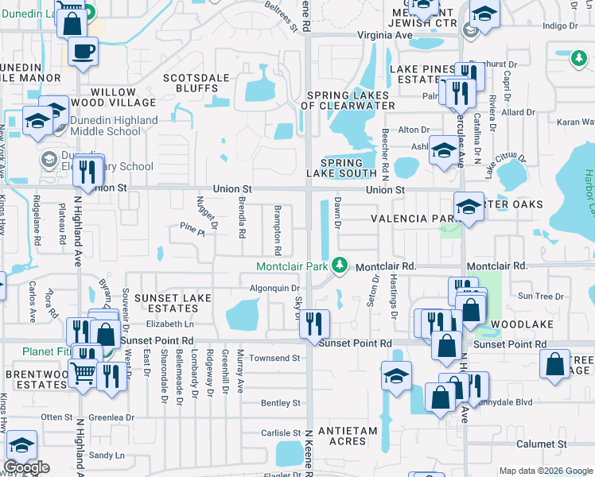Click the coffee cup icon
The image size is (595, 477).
(82, 52)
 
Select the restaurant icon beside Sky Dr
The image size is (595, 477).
(317, 323)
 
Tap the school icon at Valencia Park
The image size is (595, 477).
(469, 207)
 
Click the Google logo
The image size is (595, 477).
(26, 467)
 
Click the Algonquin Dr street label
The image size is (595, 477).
(274, 289)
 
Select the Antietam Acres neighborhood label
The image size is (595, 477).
(341, 436)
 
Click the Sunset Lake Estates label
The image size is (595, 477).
(173, 304)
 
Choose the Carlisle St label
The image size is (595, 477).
(279, 433)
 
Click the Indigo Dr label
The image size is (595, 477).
(558, 25)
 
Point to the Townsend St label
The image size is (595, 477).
(274, 359)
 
